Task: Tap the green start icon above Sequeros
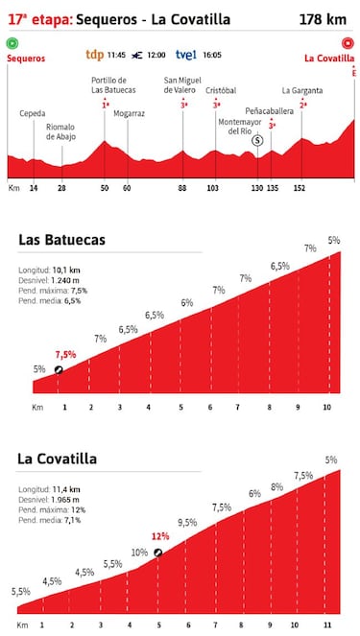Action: pyautogui.click(x=12, y=43)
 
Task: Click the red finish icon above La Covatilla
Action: pyautogui.click(x=346, y=43)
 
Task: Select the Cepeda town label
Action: pyautogui.click(x=34, y=113)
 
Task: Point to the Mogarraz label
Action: pyautogui.click(x=129, y=113)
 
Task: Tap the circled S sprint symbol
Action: pyautogui.click(x=257, y=140)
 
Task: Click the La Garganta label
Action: pyautogui.click(x=301, y=91)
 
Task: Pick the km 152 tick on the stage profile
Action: pyautogui.click(x=300, y=188)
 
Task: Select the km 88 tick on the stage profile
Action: pyautogui.click(x=182, y=188)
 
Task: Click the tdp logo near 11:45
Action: pyautogui.click(x=95, y=55)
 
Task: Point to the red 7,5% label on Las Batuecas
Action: pyautogui.click(x=65, y=354)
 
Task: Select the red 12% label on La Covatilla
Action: pyautogui.click(x=159, y=536)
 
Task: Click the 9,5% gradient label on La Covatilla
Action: pyautogui.click(x=187, y=523)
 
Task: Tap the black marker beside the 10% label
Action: pyautogui.click(x=158, y=553)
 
